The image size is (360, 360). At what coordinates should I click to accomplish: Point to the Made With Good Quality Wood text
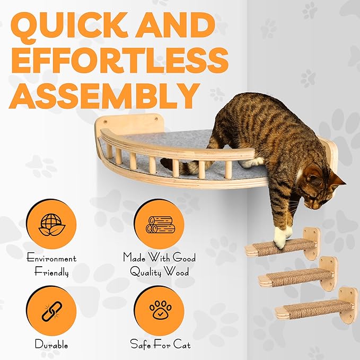pyautogui.click(x=160, y=266)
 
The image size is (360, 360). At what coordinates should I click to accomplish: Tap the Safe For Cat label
pyautogui.click(x=160, y=345)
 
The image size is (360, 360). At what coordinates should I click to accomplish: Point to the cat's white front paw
pyautogui.click(x=282, y=239)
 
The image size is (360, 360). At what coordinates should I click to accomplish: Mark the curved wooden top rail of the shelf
pyautogui.click(x=175, y=152)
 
